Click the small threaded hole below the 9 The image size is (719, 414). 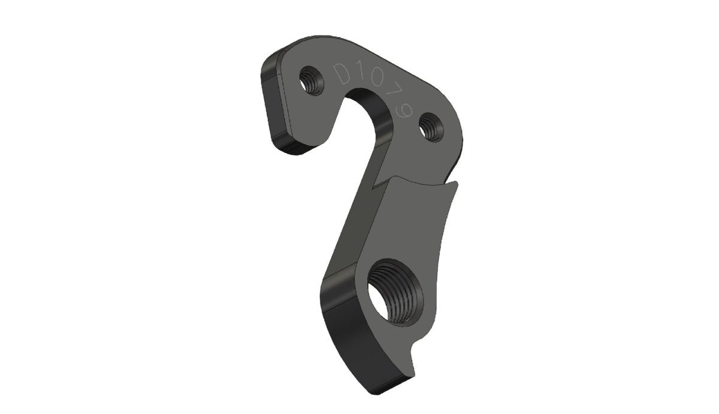429,127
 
